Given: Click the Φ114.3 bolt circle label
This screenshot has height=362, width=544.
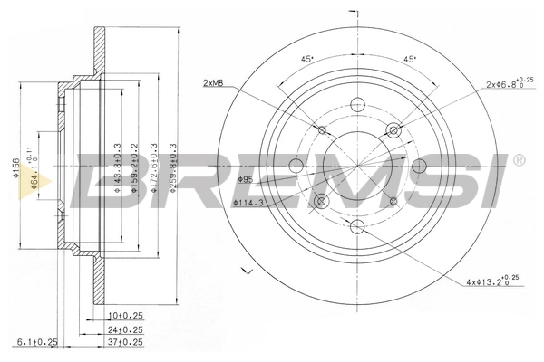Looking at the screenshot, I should (x=248, y=203).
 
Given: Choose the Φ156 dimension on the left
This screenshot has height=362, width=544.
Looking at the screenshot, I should (x=15, y=169).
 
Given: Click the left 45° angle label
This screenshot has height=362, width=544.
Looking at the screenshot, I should (x=306, y=61).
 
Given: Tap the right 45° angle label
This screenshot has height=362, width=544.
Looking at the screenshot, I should (x=409, y=61).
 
